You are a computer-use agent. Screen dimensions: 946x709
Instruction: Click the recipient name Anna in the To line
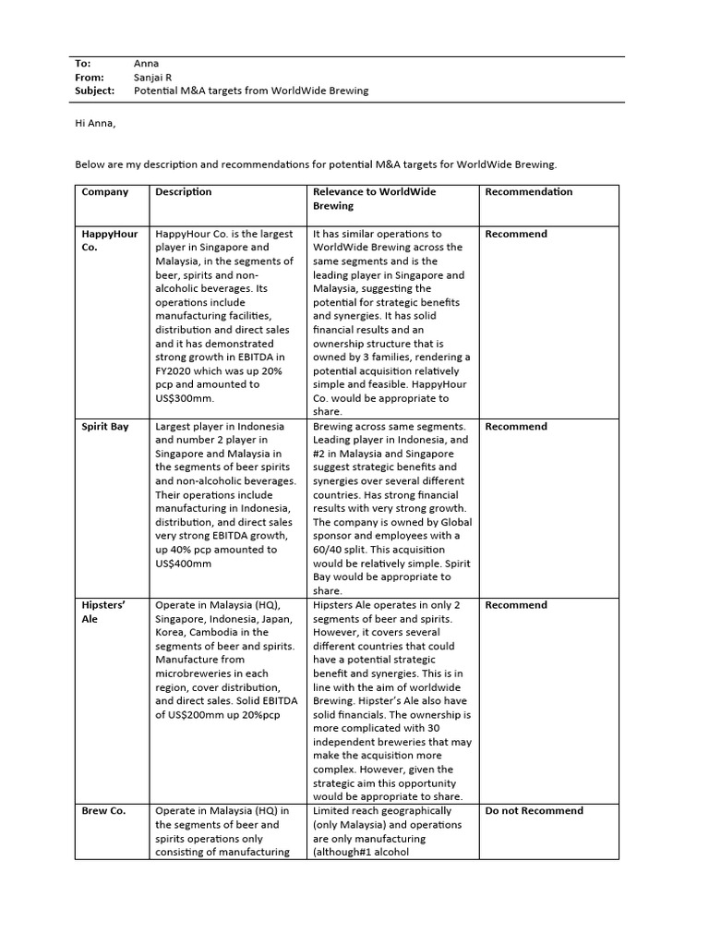[x=146, y=64]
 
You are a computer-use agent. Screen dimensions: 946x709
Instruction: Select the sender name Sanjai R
[x=153, y=78]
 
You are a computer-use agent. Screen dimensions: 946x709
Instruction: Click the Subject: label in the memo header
[x=95, y=91]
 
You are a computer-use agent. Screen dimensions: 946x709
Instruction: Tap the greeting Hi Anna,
[x=95, y=123]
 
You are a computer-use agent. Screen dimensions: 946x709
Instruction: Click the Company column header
[x=105, y=192]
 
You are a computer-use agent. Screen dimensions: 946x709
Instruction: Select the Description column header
[x=184, y=192]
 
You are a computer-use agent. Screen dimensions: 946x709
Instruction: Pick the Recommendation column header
[x=529, y=192]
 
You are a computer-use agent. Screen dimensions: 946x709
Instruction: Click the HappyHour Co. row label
[x=109, y=240]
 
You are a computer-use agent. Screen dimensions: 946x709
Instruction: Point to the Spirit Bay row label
[x=105, y=427]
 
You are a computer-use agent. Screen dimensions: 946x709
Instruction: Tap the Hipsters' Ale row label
[x=103, y=612]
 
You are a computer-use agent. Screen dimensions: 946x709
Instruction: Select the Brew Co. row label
[x=103, y=811]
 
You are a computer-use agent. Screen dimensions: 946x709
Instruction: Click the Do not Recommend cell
[x=535, y=811]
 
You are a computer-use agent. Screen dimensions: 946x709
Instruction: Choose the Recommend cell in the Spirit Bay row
[x=516, y=427]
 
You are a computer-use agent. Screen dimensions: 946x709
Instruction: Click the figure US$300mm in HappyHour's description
[x=184, y=398]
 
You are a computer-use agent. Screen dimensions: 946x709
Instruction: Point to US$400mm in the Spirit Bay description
[x=184, y=564]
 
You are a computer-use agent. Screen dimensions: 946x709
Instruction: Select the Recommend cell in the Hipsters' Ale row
[x=516, y=605]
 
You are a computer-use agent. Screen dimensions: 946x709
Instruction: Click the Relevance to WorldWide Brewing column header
[x=375, y=199]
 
